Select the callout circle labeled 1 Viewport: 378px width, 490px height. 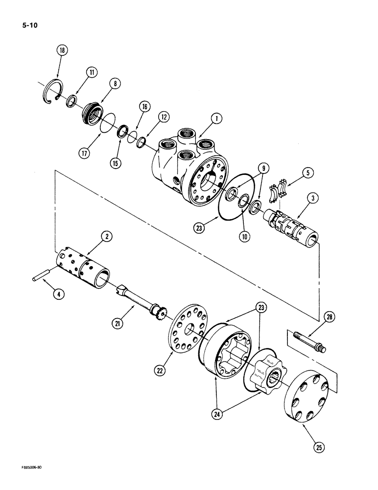[216, 118]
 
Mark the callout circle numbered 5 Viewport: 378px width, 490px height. [307, 172]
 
